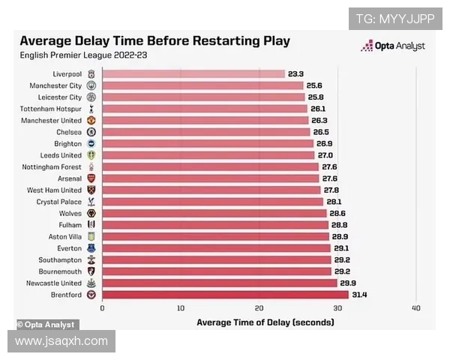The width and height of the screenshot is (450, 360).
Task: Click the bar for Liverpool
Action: [193, 74]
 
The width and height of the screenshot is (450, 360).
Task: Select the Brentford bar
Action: [225, 295]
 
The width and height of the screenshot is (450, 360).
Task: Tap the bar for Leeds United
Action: [208, 155]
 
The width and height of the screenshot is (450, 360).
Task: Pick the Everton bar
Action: [216, 248]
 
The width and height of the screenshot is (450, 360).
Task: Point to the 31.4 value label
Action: [359, 295]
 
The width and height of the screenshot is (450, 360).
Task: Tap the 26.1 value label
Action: [317, 109]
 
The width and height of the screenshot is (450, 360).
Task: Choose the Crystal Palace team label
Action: [59, 202]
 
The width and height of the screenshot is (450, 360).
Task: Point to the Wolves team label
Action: [71, 213]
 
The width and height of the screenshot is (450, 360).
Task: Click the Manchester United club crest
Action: [91, 121]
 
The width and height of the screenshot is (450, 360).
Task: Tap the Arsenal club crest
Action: [91, 178]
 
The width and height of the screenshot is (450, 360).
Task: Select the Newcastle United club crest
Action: [91, 283]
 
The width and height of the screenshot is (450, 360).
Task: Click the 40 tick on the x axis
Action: [416, 308]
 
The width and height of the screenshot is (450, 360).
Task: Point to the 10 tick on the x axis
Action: [180, 308]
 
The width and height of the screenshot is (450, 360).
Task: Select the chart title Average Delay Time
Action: [154, 41]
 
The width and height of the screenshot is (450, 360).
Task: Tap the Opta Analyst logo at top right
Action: [393, 46]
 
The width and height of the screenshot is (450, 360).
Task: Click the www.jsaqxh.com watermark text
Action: [61, 341]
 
